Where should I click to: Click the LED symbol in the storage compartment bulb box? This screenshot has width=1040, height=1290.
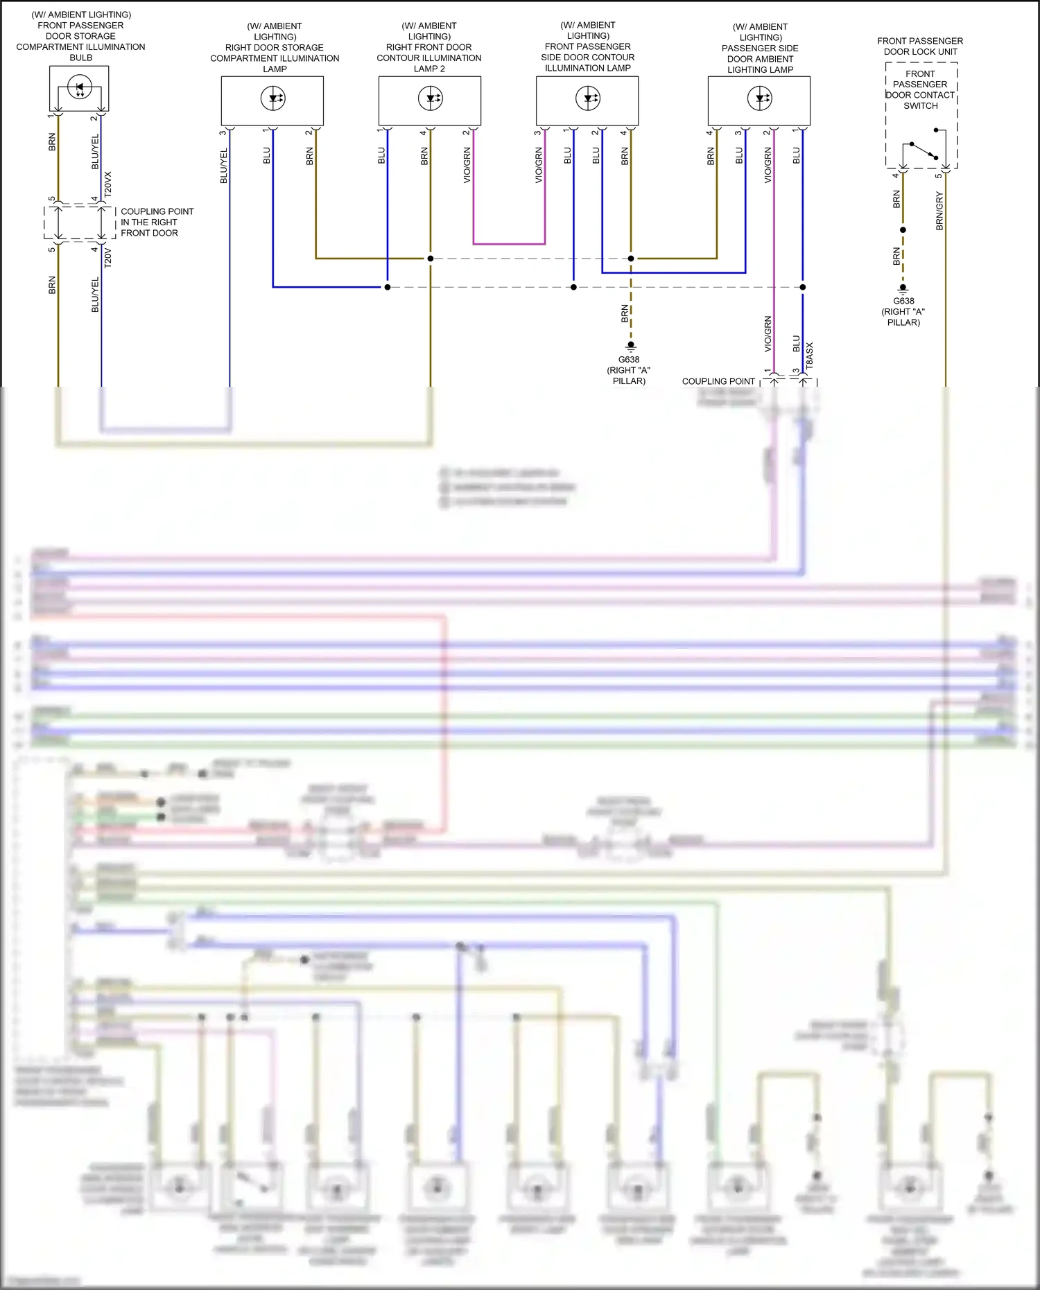coord(79,89)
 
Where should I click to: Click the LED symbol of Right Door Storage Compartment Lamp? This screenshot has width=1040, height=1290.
coord(272,98)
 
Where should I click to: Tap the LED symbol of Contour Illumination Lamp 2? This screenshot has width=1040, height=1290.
coord(430,98)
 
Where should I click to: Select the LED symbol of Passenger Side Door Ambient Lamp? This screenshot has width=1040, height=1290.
coord(760,98)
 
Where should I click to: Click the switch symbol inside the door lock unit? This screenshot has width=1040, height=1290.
coord(923,149)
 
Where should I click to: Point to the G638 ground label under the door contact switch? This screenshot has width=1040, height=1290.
coord(903,301)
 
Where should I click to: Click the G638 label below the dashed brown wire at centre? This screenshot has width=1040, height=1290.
coord(629,359)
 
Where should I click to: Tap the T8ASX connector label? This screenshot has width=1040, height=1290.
coord(809,355)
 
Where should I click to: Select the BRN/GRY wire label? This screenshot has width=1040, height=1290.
coord(939,211)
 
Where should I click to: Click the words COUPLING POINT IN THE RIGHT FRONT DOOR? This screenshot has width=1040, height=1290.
coord(157,222)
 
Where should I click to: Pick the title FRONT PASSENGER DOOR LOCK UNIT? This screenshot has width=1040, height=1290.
coord(920,46)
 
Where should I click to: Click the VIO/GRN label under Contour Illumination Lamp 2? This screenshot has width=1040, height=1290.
coord(467,165)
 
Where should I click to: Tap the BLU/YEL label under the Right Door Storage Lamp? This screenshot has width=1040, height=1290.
coord(223,166)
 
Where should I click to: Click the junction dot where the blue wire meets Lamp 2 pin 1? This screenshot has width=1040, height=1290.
coord(388,287)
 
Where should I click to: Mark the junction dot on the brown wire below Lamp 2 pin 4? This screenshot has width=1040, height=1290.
coord(431,259)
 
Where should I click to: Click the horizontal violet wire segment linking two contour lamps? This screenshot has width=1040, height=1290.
coord(509,244)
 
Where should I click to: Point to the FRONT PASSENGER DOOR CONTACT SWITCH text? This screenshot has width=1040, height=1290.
coord(920,89)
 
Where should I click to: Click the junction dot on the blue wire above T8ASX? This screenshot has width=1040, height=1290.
coord(803,287)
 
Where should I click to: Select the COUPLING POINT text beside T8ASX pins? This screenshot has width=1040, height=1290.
coord(718,381)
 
